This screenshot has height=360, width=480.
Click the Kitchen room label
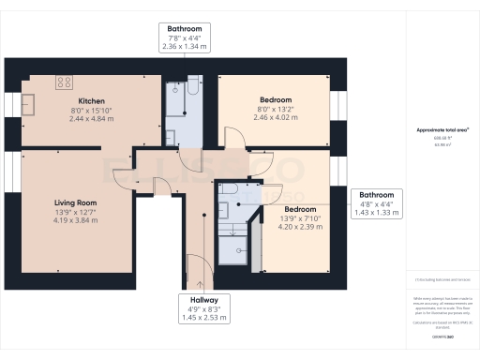(91, 100)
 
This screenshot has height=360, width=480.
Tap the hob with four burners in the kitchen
(67, 82)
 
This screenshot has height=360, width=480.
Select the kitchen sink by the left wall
(27, 101)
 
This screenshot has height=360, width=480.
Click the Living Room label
(74, 202)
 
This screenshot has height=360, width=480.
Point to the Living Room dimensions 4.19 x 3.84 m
(74, 220)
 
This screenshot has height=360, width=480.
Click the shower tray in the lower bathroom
(233, 246)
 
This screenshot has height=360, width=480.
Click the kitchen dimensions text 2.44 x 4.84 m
(91, 119)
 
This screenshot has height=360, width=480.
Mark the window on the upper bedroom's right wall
(338, 103)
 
